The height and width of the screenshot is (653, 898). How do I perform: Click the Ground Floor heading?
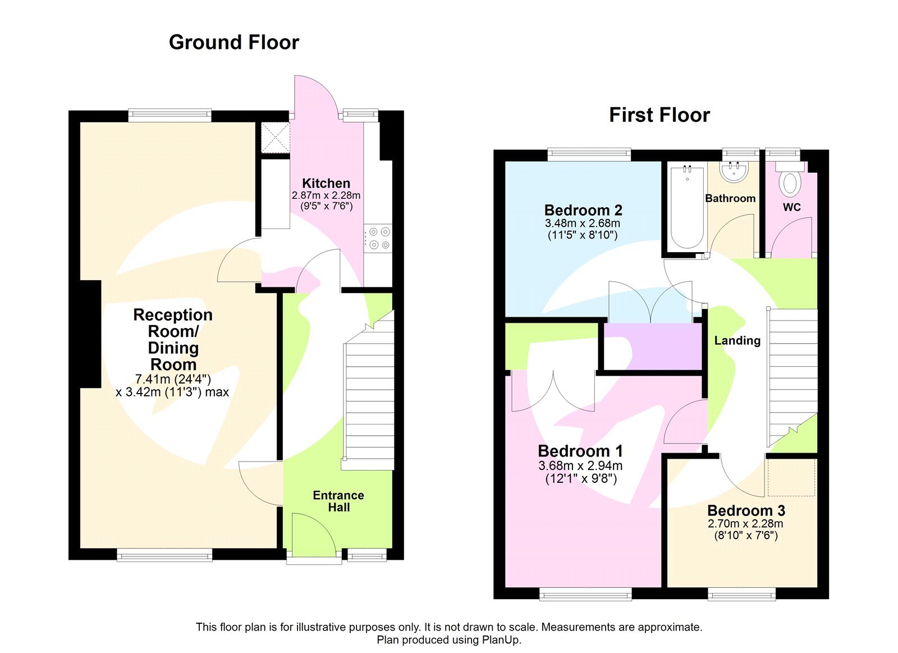[233, 43]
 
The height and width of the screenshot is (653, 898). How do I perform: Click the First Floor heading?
[659, 115]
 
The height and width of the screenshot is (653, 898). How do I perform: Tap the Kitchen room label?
[326, 184]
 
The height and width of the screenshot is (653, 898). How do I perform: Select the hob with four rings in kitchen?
[378, 238]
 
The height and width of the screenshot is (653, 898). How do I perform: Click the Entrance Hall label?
[338, 501]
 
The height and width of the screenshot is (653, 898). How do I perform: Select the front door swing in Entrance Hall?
[314, 533]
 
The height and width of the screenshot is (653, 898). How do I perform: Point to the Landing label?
[737, 341]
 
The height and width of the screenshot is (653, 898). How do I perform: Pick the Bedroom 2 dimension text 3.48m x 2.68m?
[582, 223]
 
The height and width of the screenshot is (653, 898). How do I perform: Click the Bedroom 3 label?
[746, 510]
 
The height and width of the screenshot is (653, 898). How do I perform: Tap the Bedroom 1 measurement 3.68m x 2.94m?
[580, 465]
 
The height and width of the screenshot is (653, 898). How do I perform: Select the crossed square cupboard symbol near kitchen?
[276, 138]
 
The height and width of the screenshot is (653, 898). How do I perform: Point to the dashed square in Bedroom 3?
[791, 477]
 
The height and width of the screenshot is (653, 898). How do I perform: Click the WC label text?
[791, 207]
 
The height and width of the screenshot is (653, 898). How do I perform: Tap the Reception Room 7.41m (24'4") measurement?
[173, 380]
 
